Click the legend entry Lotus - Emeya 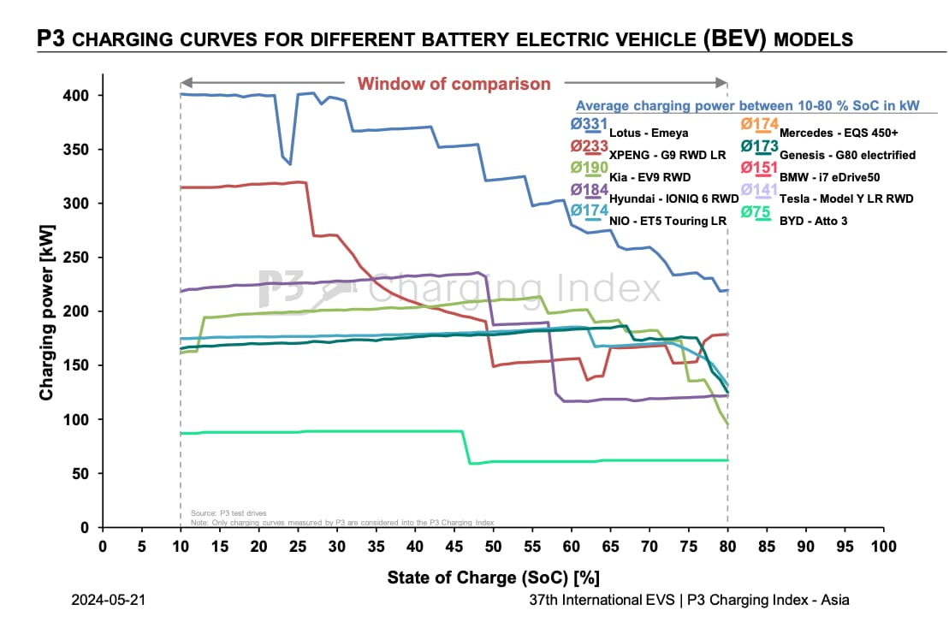click(x=648, y=133)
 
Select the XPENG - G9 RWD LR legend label click(x=667, y=155)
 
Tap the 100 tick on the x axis click(x=883, y=546)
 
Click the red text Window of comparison click(x=454, y=84)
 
